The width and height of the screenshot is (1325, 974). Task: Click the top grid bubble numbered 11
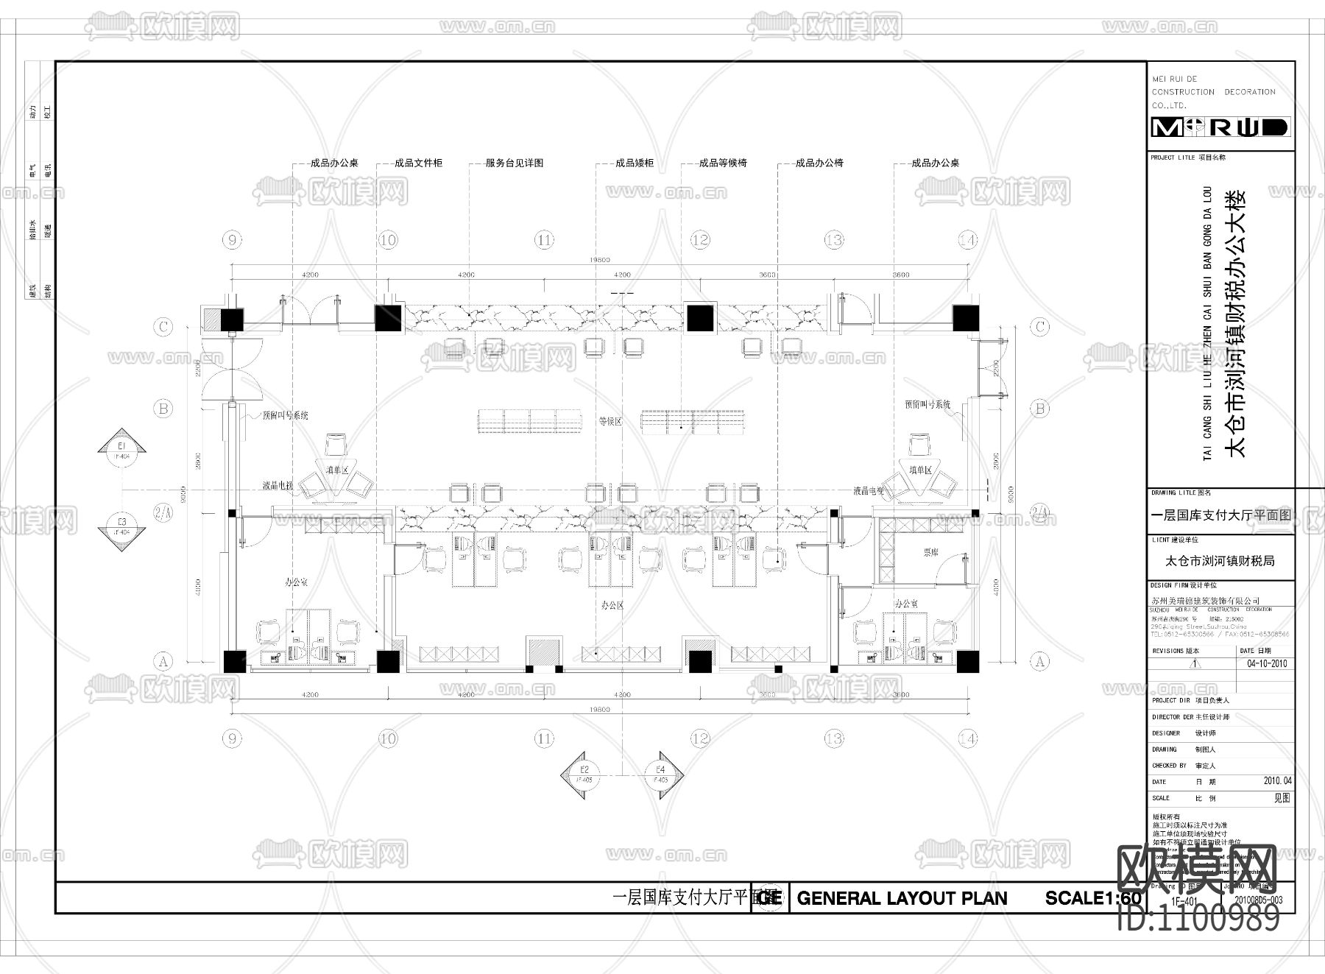[x=544, y=240]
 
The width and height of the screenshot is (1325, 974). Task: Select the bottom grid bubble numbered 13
[x=833, y=738]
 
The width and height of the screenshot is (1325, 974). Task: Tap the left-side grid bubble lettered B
[x=163, y=408]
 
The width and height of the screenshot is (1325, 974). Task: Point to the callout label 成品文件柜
[x=418, y=163]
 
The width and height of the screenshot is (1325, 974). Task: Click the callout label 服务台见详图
[x=514, y=163]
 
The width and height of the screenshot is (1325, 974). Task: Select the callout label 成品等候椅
[x=722, y=163]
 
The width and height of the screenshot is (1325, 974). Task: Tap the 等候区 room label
[x=610, y=422]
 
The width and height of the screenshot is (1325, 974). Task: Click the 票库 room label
[x=931, y=551]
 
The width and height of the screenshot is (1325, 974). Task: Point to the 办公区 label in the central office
[x=612, y=605]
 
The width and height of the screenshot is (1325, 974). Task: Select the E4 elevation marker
[x=660, y=774]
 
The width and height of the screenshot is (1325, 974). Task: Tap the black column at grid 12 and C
[x=700, y=318]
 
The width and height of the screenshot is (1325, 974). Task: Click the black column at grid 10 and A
[x=388, y=662]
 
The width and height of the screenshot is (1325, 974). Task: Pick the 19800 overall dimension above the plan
[x=600, y=260]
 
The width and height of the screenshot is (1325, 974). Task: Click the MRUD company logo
[x=1220, y=127]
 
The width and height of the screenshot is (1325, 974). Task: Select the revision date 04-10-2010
[x=1265, y=663]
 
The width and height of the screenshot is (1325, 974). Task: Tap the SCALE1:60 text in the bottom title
[x=1093, y=898]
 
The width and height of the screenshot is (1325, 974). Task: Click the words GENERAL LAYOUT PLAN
[x=902, y=898]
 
